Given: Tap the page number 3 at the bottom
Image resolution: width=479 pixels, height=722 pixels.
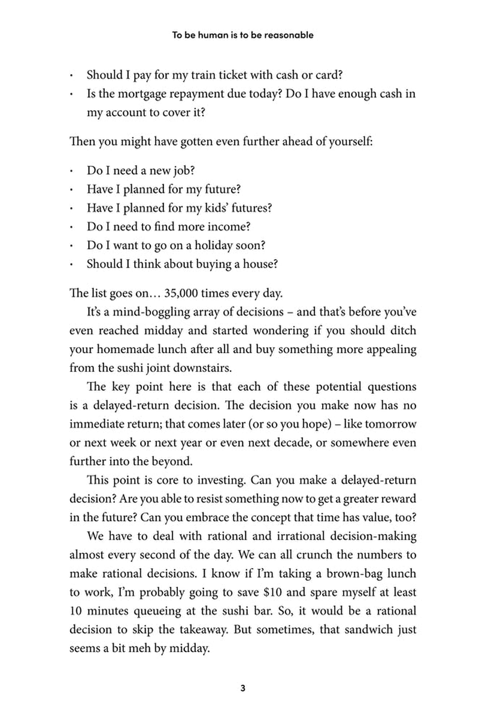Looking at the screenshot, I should (x=242, y=688).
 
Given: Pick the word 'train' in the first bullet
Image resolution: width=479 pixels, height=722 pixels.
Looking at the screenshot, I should (x=202, y=76).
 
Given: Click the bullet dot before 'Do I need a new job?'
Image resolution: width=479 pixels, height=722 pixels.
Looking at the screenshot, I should (x=71, y=171).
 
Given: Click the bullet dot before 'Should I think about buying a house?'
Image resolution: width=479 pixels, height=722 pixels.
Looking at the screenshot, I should (x=71, y=264).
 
